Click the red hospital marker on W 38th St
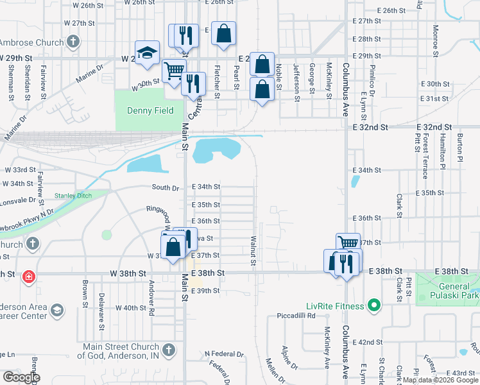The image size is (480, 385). tap(28, 277)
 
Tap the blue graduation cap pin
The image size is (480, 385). tap(147, 53)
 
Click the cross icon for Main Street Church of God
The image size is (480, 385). tap(168, 350)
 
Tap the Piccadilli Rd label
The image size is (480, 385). tap(292, 316)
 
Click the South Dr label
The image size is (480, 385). tap(165, 188)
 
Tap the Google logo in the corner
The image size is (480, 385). tap(21, 377)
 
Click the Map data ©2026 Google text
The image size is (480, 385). tap(440, 381)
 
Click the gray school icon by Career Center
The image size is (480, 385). tap(56, 311)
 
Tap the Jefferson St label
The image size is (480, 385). tap(296, 82)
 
